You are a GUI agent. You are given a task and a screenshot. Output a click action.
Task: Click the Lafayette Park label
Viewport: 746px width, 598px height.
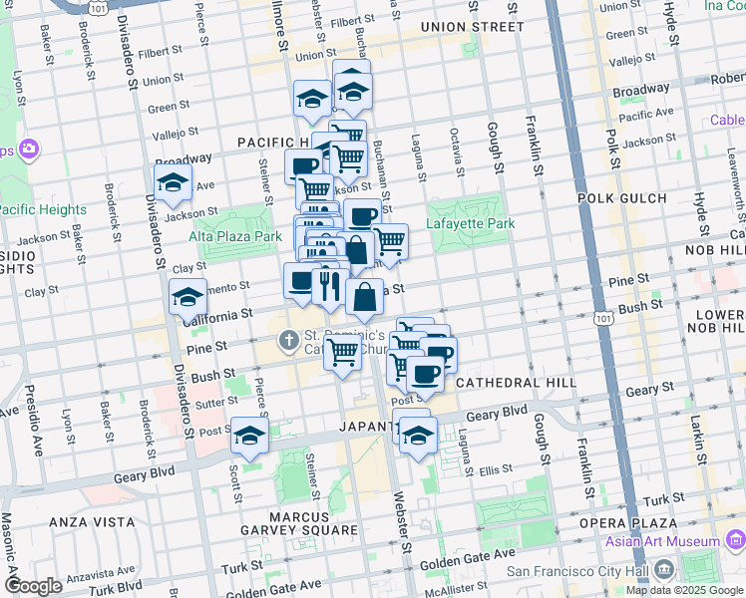coord(472,223)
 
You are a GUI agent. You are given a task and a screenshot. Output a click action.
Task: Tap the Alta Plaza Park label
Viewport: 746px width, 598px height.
coord(235,237)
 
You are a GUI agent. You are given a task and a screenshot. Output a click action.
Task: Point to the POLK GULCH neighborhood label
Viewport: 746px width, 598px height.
coord(635,198)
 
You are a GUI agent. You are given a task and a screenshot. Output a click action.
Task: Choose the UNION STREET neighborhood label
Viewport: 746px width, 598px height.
coord(465,26)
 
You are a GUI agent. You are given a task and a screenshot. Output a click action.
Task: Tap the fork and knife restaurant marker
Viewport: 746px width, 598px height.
coord(328,288)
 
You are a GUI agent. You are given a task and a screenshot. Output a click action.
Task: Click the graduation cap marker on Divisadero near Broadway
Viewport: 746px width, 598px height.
coord(173,182)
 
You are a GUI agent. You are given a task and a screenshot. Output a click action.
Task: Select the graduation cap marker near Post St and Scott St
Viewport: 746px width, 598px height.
coord(249,436)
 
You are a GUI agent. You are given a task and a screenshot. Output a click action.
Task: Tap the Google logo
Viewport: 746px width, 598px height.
coord(34,586)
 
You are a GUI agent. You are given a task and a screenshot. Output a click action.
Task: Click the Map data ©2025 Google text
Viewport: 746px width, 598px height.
coord(685,590)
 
